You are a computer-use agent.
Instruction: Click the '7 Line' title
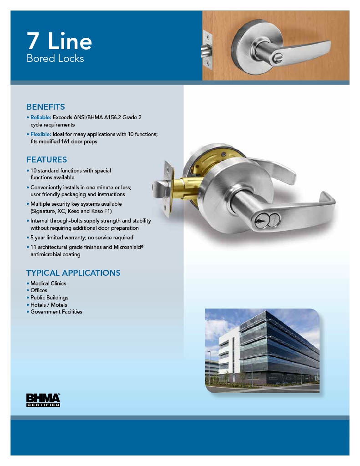[59, 41]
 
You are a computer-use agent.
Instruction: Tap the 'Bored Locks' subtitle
[55, 59]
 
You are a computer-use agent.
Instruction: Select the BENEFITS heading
[46, 107]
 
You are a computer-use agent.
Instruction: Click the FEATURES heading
[46, 160]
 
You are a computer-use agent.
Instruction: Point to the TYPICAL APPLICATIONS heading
[73, 273]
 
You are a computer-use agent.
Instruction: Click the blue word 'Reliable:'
[41, 117]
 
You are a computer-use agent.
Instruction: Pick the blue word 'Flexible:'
[41, 134]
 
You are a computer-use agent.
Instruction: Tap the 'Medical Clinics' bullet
[48, 284]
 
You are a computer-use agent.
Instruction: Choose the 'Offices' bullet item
[39, 290]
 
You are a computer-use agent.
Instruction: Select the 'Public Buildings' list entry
[49, 298]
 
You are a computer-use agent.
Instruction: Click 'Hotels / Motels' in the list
[49, 305]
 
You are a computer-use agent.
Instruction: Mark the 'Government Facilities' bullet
[56, 312]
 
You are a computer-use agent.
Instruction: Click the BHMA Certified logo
[43, 400]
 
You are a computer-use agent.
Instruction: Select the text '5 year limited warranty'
[58, 238]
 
